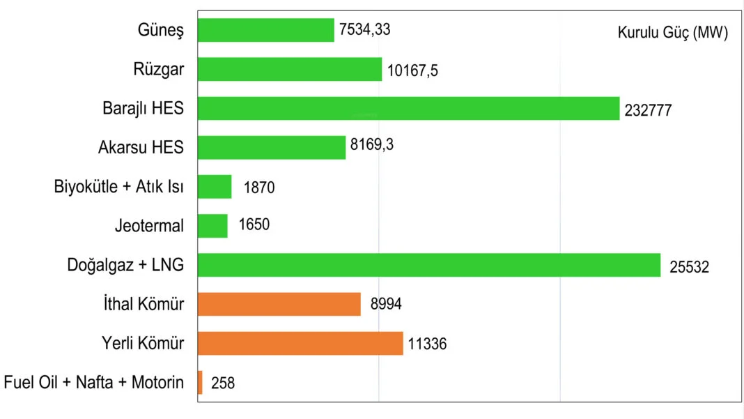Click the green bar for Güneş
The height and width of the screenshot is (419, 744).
coord(265,30)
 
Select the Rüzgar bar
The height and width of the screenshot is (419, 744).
coord(290,69)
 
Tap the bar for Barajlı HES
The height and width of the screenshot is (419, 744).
coord(408,108)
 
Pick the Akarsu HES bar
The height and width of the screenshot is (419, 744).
coord(272,147)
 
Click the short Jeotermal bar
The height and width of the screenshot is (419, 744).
coord(212,225)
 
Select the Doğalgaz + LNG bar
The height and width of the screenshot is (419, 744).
coord(429,265)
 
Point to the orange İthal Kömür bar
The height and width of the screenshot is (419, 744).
coord(279,304)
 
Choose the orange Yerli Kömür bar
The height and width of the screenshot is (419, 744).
coord(300,343)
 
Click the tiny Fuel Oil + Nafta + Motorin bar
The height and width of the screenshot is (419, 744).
coord(200,382)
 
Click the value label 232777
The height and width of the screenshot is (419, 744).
coord(648,109)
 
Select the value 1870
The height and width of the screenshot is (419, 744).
coord(259,187)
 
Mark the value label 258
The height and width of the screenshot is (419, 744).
coord(223,383)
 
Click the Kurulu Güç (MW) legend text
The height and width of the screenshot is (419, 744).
coord(672,33)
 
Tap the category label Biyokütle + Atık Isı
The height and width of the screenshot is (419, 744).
coord(119,187)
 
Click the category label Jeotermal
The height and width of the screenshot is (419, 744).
coord(149,226)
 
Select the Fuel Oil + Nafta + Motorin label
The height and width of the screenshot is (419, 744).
coord(94,383)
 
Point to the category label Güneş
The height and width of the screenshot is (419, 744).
coord(161,31)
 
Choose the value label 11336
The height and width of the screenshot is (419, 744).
coord(428,344)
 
